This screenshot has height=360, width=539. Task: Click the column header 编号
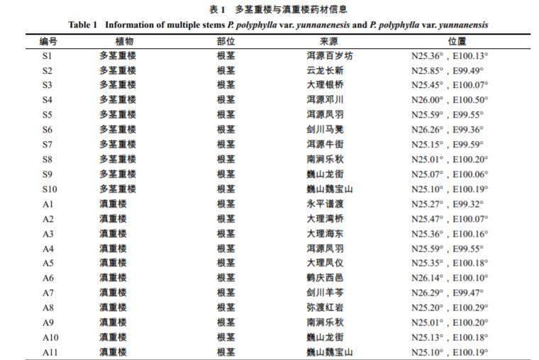point(48,42)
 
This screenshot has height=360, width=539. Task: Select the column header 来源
point(329,42)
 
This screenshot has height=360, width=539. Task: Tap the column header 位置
point(448,42)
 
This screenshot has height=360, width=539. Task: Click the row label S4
point(47,100)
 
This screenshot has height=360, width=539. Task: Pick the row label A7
point(48,293)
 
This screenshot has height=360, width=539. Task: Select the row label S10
point(49,189)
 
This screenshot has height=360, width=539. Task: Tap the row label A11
point(50,352)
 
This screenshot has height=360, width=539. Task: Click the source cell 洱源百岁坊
point(329,56)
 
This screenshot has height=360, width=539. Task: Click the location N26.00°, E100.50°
point(450,100)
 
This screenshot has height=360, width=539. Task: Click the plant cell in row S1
point(118,56)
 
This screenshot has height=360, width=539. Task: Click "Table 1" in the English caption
point(83,25)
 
